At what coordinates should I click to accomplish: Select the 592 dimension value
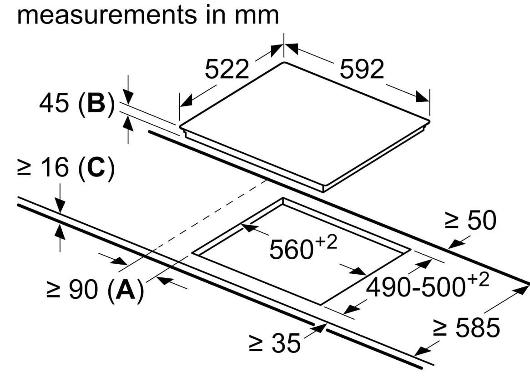click(362, 70)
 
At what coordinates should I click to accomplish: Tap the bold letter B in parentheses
click(96, 104)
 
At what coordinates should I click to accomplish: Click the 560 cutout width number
click(291, 250)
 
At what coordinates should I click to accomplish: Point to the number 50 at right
click(482, 221)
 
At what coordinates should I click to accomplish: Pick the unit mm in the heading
click(257, 15)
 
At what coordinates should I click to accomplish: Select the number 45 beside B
click(53, 104)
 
